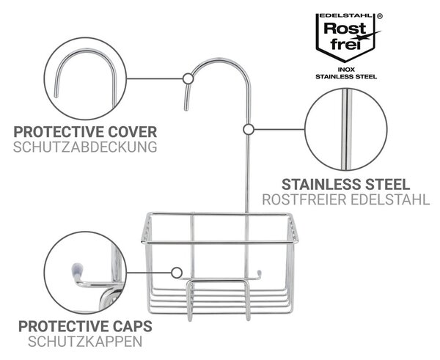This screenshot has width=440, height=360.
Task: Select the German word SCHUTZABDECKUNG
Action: (x=85, y=147)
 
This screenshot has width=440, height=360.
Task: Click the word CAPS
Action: (x=133, y=326)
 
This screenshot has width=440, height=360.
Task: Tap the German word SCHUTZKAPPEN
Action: (x=85, y=342)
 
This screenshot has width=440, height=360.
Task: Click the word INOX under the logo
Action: (x=346, y=70)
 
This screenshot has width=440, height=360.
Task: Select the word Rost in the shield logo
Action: (x=345, y=29)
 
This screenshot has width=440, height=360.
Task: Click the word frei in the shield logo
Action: (x=345, y=44)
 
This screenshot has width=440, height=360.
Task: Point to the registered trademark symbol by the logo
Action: (x=380, y=16)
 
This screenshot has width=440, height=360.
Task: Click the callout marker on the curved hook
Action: (x=188, y=79)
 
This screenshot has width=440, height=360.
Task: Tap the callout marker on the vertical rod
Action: (x=249, y=130)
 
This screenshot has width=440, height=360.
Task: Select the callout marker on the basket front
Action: (x=177, y=273)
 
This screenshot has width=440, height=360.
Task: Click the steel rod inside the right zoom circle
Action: (x=346, y=129)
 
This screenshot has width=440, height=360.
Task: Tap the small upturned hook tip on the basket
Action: (x=259, y=274)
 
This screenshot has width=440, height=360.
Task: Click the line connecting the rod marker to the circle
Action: (x=279, y=130)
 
